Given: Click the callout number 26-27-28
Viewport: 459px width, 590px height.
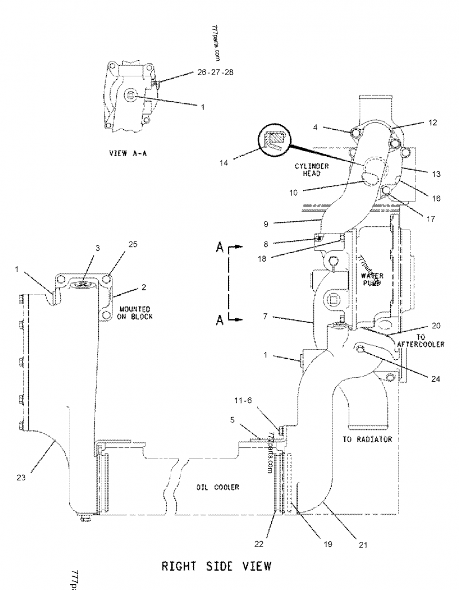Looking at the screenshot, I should point(215,73).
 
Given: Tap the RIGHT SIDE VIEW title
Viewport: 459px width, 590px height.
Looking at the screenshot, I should point(215,566).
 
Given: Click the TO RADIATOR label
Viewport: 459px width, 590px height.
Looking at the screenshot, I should point(367,439).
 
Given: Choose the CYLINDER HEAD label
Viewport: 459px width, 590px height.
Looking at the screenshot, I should point(312,169).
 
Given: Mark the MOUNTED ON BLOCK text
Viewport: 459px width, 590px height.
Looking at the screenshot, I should point(136,313).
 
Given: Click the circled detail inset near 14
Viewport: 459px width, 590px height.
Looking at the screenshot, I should point(275,139).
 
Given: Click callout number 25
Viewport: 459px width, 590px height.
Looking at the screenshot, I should point(133,244).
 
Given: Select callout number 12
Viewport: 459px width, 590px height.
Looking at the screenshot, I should point(433,122).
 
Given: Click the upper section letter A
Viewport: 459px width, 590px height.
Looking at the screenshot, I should point(219,247).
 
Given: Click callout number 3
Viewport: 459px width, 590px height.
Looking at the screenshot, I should point(98,248).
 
